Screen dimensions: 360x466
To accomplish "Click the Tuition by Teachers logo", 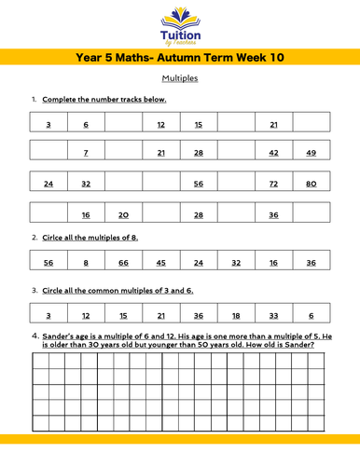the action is [180, 25].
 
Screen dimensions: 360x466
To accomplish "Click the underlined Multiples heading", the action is [180, 78].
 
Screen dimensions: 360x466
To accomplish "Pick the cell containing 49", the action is [311, 153].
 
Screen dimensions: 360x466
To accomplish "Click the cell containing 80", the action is [311, 184].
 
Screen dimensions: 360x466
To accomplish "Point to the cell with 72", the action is [273, 184].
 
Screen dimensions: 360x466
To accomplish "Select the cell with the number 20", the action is [123, 214].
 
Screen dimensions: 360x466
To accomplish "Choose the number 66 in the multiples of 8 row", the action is [123, 263].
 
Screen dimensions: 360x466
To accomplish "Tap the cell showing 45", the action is [160, 263].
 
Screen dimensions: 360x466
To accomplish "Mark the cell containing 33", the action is [273, 316].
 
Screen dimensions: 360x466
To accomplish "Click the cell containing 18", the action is [236, 316].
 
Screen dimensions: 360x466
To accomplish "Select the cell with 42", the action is [273, 153].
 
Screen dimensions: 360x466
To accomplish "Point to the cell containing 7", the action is [86, 153].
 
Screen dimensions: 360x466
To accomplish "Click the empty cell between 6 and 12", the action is [123, 124].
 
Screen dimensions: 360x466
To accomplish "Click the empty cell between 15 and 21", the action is [236, 124].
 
